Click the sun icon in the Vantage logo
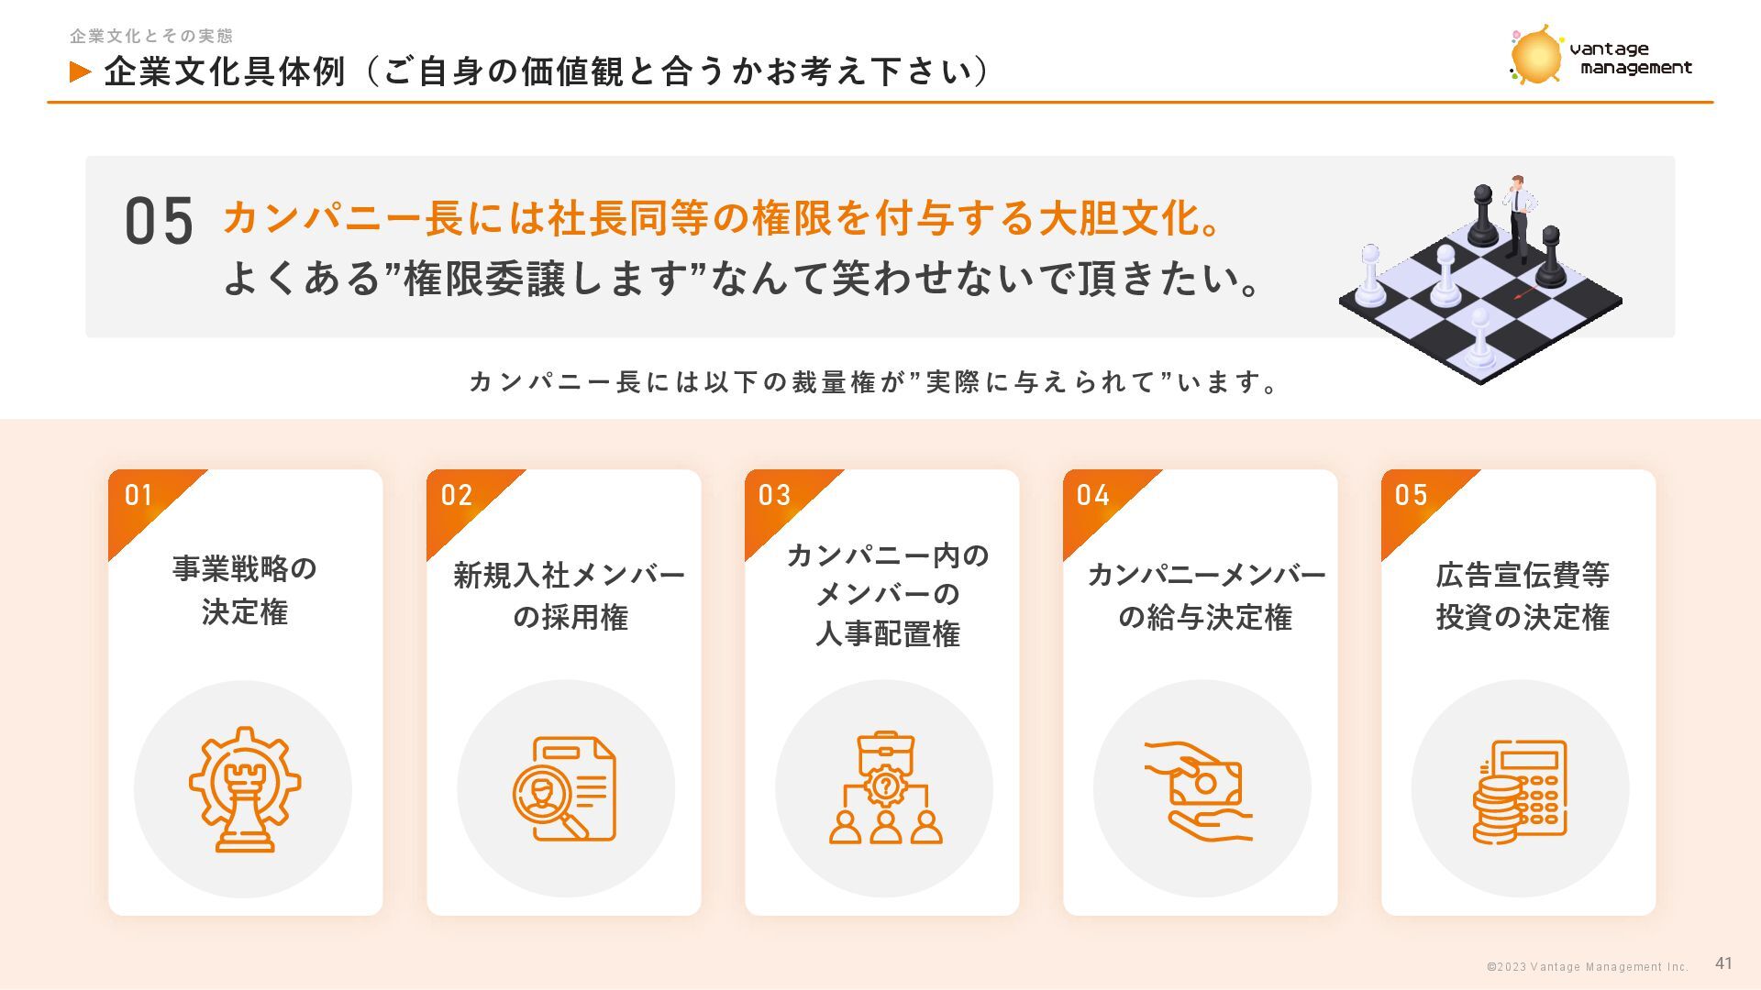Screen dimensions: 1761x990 [1535, 55]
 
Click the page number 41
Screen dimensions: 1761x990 [1723, 962]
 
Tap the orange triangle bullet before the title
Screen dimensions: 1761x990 [81, 71]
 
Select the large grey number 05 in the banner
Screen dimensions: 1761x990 [159, 221]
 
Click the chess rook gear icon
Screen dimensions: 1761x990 [245, 789]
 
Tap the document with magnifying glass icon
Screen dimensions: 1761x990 [564, 789]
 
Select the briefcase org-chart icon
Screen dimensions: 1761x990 [885, 787]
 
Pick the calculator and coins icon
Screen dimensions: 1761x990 [1520, 791]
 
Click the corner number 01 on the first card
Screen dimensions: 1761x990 [138, 495]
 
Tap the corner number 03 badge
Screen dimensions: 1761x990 [774, 495]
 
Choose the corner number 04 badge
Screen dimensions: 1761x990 [1093, 495]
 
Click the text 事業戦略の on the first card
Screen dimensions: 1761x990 [245, 568]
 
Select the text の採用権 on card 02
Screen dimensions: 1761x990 [570, 617]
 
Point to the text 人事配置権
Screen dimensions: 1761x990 [887, 633]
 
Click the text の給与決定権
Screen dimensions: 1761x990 [1205, 617]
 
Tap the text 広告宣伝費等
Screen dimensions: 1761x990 [1523, 575]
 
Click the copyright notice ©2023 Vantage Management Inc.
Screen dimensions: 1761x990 [1588, 966]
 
